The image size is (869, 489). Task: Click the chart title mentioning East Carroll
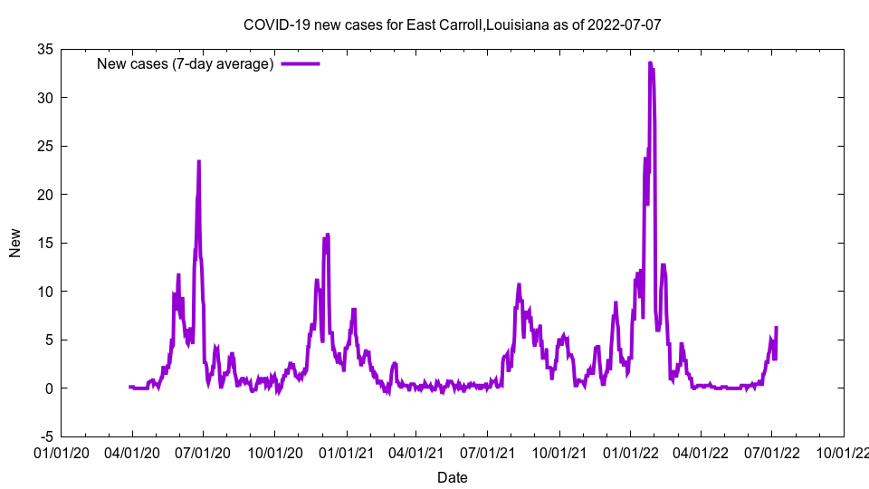point(453,24)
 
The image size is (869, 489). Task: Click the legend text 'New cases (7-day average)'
point(185,63)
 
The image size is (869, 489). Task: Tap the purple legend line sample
point(301,63)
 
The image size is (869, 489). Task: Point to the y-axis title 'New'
point(15,243)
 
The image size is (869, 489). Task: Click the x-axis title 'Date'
point(453,477)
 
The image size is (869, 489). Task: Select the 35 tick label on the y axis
point(44,49)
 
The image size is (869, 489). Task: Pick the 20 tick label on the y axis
point(44,195)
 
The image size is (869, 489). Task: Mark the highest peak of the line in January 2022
point(650,63)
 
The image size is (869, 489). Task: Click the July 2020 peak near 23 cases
point(199,162)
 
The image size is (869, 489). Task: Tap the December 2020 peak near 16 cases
point(328,235)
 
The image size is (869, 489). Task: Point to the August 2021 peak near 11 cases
point(519,284)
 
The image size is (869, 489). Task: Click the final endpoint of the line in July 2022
point(776,328)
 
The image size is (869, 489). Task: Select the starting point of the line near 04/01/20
point(130,387)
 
